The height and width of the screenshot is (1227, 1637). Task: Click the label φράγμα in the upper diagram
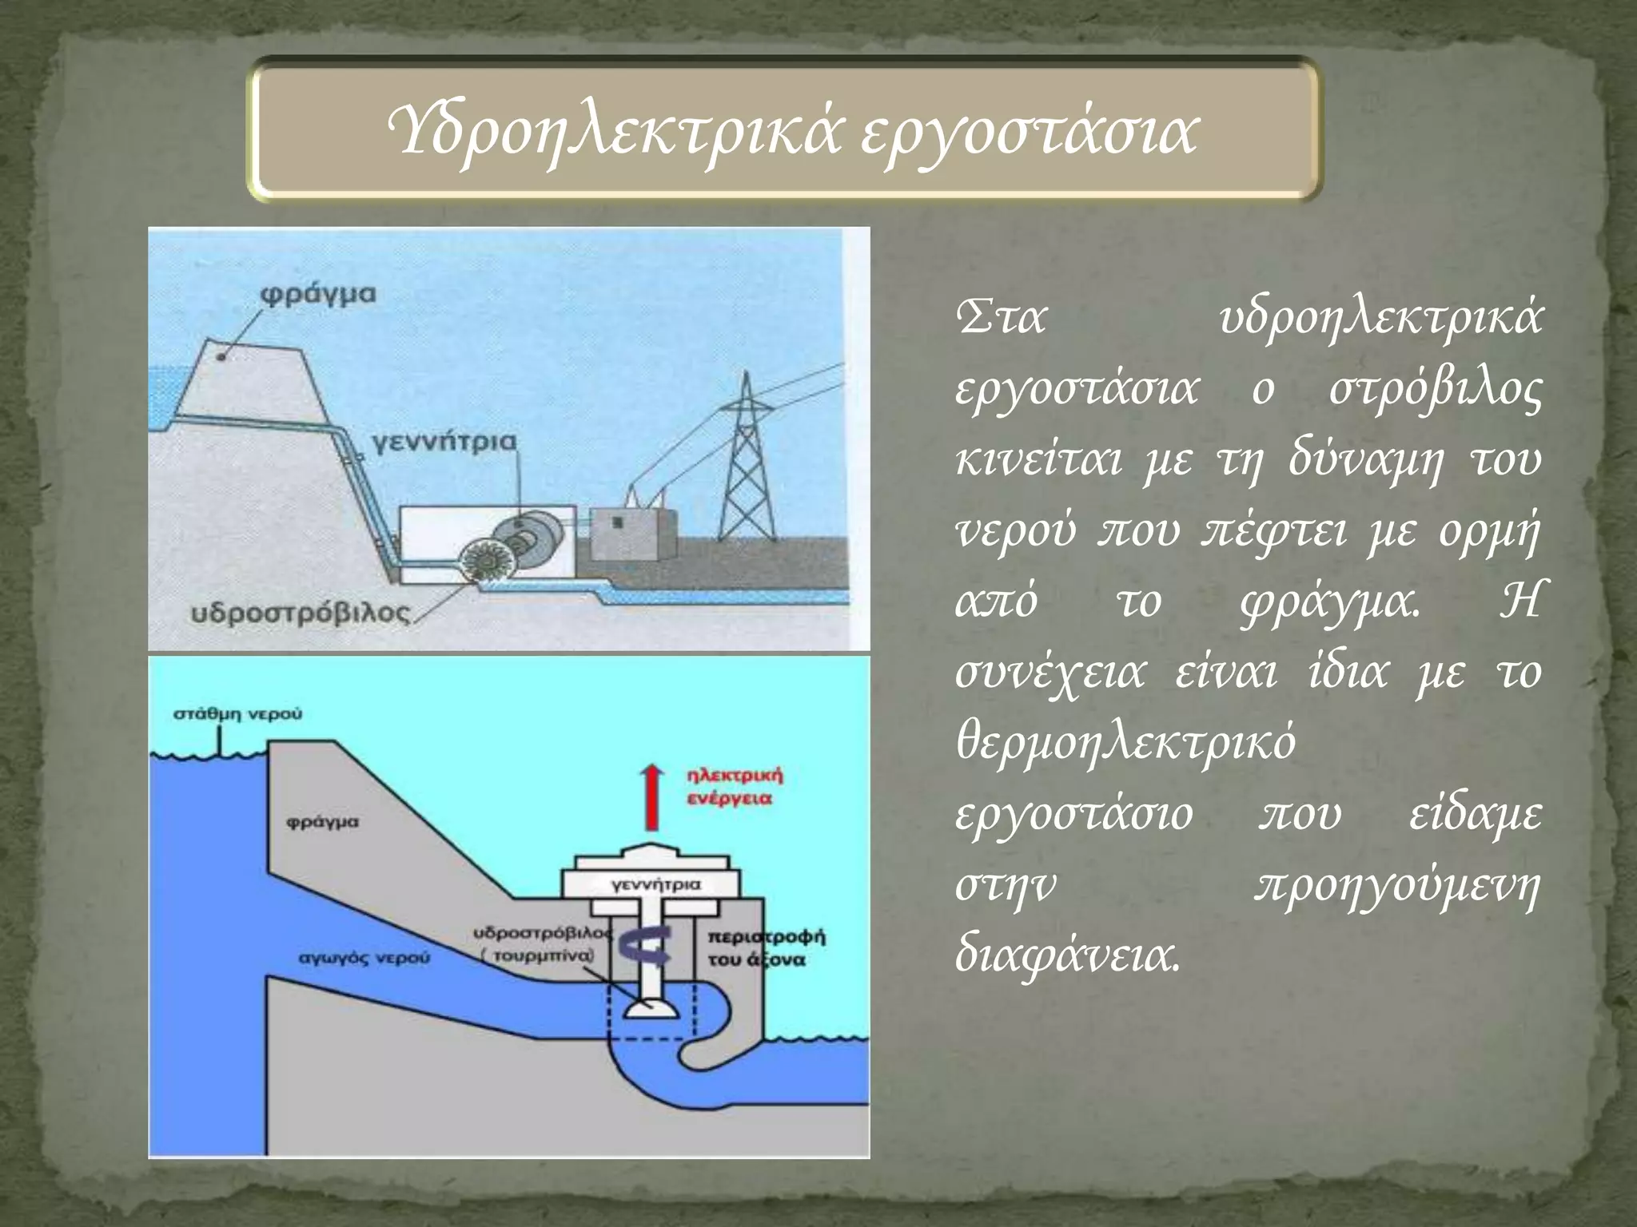317,294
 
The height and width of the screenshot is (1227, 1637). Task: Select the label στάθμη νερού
238,713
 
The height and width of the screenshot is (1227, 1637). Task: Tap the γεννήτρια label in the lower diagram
655,885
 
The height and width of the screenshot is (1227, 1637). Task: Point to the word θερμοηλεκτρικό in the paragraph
1125,745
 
